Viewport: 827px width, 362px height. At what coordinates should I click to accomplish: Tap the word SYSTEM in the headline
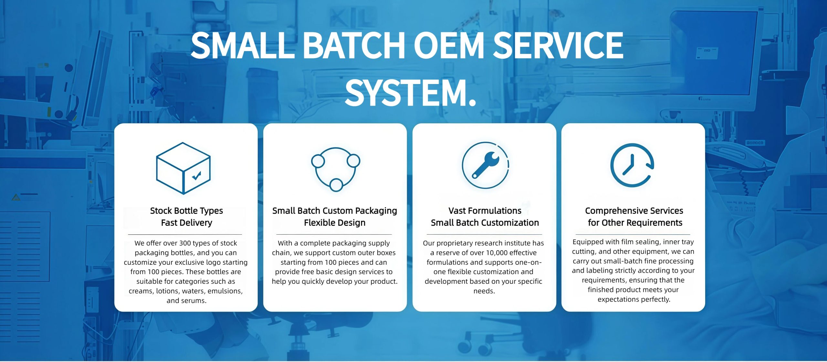[x=406, y=93]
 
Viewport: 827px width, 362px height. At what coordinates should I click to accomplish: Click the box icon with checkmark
[x=183, y=168]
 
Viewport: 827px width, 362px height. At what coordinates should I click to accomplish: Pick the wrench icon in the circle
[x=485, y=165]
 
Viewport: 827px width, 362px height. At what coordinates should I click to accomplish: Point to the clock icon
[x=632, y=165]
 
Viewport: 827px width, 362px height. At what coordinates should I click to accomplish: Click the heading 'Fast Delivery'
[x=186, y=223]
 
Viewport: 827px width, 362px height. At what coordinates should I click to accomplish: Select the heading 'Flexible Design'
[x=335, y=223]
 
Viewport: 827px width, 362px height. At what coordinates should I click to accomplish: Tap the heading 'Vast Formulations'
[x=485, y=211]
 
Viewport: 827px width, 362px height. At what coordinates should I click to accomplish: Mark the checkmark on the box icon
[x=196, y=175]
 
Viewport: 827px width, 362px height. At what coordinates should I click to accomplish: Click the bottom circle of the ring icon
[x=336, y=185]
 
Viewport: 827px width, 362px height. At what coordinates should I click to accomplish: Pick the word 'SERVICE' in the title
[x=558, y=45]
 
